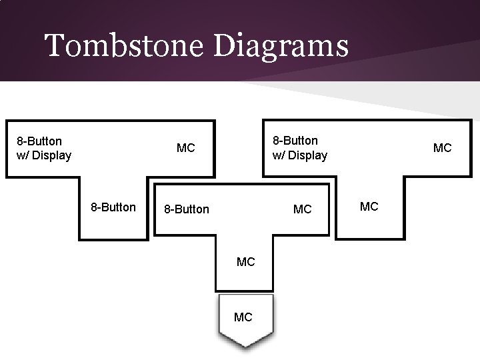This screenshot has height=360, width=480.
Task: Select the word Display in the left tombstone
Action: point(52,156)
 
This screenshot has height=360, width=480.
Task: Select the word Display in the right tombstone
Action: point(308,155)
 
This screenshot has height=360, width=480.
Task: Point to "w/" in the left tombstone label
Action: point(23,156)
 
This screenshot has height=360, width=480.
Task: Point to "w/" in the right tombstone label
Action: point(279,155)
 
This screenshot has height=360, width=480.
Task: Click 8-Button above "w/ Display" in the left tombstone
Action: point(39,141)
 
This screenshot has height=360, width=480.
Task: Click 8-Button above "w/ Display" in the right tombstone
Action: point(295,141)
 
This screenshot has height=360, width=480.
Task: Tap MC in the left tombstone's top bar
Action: point(185,147)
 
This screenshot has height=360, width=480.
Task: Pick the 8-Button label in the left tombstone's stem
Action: point(113,207)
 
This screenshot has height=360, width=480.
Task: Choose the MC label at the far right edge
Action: point(442,147)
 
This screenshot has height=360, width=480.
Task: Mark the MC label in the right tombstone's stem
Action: point(369,207)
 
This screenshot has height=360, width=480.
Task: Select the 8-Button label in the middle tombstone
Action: point(187,209)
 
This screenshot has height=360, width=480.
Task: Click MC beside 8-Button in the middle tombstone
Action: point(302,209)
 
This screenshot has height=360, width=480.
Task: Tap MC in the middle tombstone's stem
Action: point(245,262)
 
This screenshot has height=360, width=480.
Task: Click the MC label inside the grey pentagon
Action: point(243,317)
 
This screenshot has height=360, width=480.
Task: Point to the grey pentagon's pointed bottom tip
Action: point(245,346)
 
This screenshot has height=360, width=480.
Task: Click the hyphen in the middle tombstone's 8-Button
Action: point(173,210)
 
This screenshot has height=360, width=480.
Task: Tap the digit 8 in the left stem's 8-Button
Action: point(94,207)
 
